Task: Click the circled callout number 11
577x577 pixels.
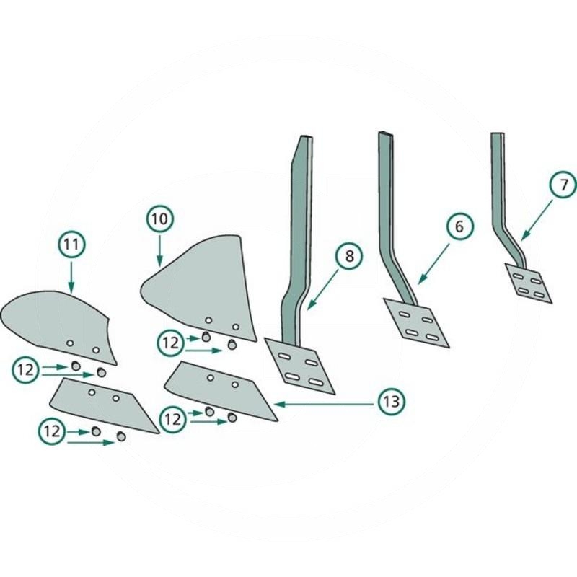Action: pos(71,244)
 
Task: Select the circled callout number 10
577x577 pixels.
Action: pos(159,219)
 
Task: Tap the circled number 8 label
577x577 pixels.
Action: pos(349,255)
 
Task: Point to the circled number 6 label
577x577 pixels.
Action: pos(459,226)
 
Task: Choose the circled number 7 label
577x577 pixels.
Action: pos(564,185)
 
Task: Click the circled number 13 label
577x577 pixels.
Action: pos(392,401)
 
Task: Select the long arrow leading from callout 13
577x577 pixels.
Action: pos(325,404)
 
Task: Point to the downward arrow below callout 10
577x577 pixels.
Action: pos(159,250)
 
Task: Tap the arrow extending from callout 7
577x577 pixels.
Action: pos(537,219)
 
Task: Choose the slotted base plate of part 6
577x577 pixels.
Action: pos(416,322)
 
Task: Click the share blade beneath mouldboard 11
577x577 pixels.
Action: pos(105,404)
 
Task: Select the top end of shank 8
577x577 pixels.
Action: pos(307,138)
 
